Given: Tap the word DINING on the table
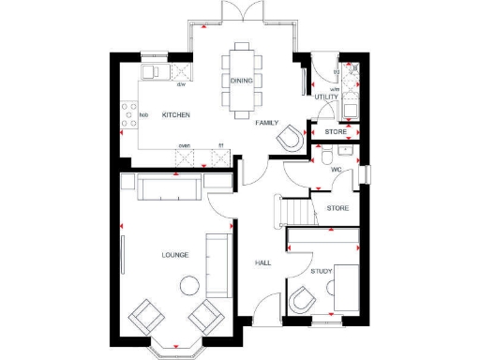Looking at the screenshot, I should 241,81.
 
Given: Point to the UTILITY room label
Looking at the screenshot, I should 326,97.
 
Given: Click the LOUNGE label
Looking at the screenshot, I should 175,254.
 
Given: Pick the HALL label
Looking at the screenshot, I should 263,262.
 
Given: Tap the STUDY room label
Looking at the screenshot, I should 322,271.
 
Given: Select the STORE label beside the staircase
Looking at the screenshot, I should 337,208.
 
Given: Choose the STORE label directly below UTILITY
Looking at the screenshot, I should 336,132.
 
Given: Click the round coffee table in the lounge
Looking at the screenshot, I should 190,285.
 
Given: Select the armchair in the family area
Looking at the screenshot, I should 290,138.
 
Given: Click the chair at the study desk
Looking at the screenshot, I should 304,302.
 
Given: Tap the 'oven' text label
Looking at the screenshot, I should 185,145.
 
